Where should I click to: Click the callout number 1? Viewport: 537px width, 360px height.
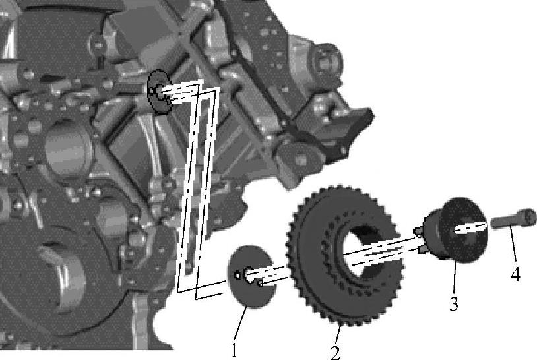click(x=234, y=349)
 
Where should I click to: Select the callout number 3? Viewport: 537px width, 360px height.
click(x=454, y=303)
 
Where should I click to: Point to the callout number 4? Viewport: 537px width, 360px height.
click(x=515, y=274)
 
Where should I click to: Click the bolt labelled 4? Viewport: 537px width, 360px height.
click(x=513, y=218)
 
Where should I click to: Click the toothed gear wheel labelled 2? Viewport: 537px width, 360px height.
click(x=345, y=255)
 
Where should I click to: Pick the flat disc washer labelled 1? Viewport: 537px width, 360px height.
click(x=253, y=276)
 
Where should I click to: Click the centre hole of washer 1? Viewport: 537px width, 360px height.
click(x=249, y=274)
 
